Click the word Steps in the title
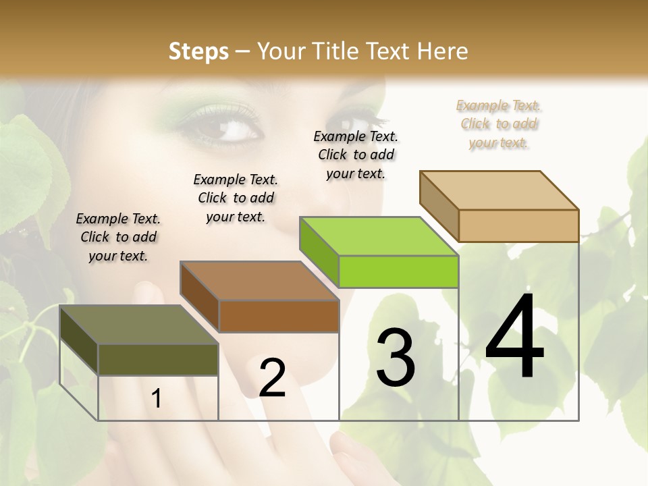pos(198,51)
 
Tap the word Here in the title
pos(443,51)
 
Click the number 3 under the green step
pos(396,357)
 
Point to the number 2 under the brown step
pos(272,377)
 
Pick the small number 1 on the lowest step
pos(157,398)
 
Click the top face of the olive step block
pos(138,325)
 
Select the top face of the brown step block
pos(259,281)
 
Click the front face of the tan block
pos(518,225)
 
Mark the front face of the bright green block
pos(398,271)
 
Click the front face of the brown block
pos(279,316)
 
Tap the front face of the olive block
pos(158,359)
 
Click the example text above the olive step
pos(118,237)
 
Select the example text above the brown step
pos(236,198)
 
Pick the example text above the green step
pos(356,155)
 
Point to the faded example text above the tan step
pos(499,124)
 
